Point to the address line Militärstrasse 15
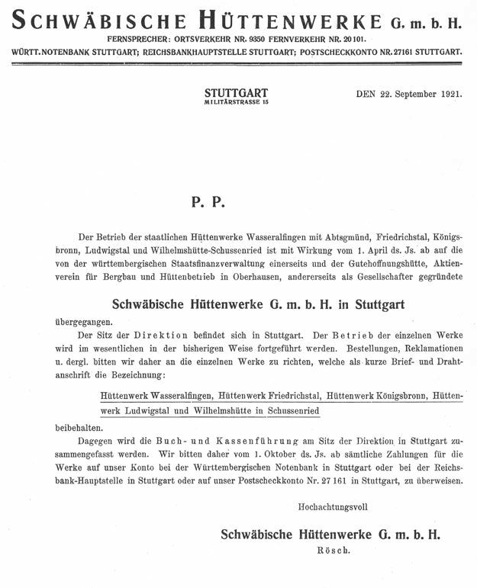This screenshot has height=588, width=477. (237, 102)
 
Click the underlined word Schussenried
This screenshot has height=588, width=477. (295, 410)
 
